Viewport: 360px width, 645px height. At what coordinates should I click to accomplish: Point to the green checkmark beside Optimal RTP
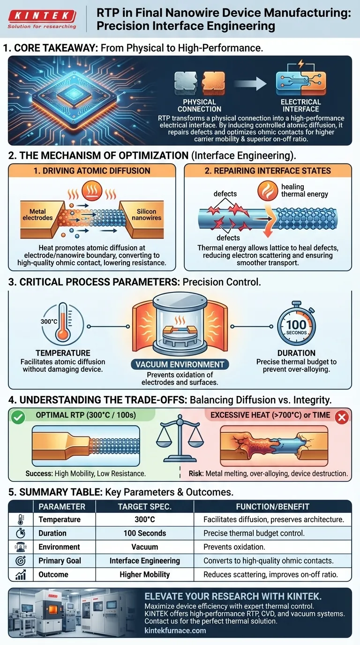click(18, 415)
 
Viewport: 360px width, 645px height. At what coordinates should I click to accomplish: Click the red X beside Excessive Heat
click(342, 415)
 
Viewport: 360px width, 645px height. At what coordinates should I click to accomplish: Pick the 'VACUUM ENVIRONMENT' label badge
click(180, 364)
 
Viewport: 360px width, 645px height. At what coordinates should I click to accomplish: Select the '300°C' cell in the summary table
click(144, 519)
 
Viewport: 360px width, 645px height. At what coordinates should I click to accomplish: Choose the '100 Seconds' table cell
click(144, 533)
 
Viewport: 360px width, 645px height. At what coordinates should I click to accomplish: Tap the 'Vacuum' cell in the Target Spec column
click(144, 547)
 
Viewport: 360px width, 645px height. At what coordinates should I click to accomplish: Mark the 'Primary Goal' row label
click(60, 561)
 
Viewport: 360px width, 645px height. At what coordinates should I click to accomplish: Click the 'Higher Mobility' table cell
click(144, 574)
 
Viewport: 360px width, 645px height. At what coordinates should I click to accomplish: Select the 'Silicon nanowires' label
click(146, 215)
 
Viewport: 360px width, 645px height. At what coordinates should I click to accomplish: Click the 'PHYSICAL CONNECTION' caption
click(199, 105)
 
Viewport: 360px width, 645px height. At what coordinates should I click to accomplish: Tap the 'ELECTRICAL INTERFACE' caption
click(300, 105)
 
